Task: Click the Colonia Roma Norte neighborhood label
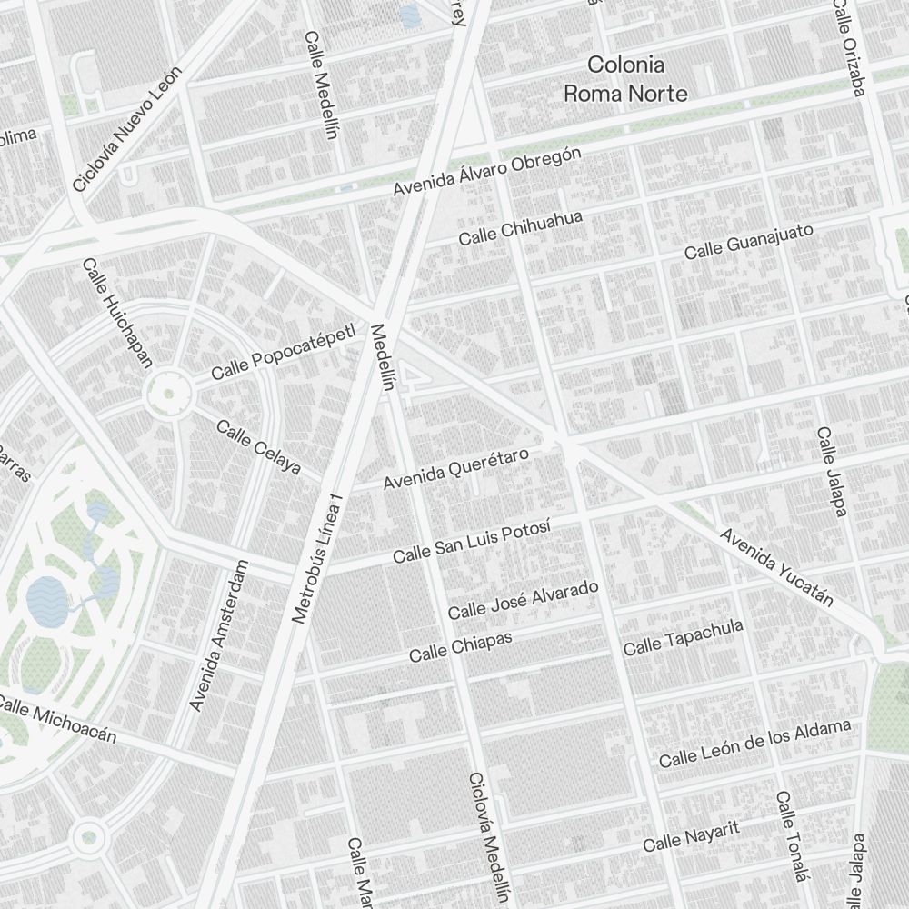625,78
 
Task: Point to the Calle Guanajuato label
748,240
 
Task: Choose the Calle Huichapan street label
117,313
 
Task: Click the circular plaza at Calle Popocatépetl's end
168,394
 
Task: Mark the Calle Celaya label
258,446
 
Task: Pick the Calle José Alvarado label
523,599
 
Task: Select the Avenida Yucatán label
776,566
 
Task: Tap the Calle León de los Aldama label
754,743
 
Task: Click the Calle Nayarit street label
692,836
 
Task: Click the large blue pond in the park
44,600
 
